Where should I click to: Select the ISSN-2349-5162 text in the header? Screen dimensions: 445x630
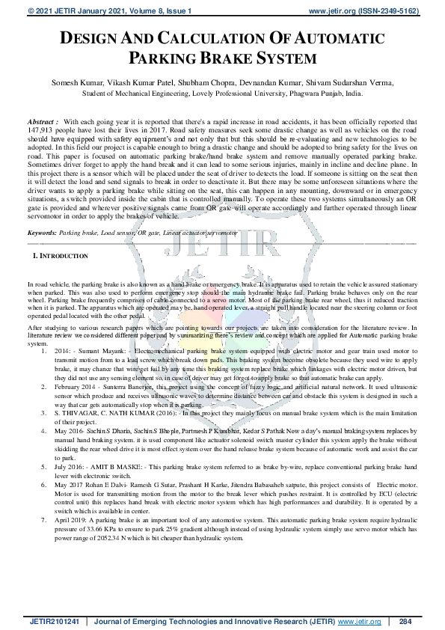pyautogui.click(x=395, y=11)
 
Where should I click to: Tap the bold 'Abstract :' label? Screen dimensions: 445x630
pyautogui.click(x=42, y=121)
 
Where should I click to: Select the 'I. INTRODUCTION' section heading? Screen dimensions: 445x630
pyautogui.click(x=61, y=256)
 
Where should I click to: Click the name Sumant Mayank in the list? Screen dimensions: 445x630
pyautogui.click(x=99, y=349)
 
